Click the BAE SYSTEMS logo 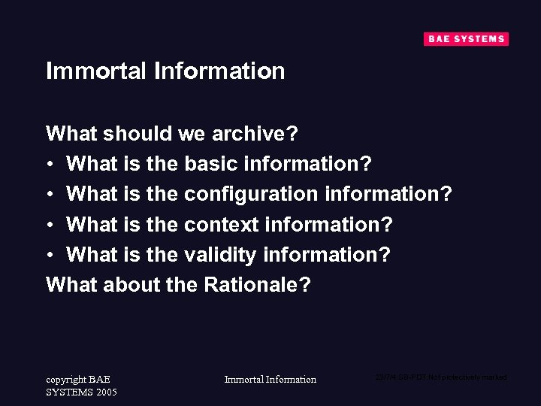466,39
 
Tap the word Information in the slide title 219,71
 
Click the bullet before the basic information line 50,165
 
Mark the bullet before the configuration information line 50,195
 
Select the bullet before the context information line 50,225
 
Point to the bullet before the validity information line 50,255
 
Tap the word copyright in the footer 65,380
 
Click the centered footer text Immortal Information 270,380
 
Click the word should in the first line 138,134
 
